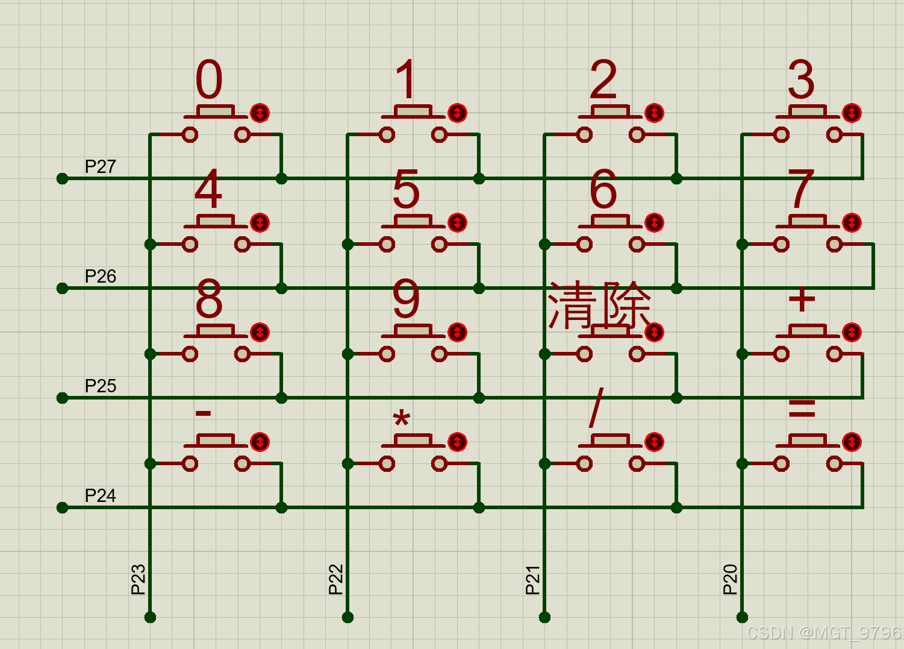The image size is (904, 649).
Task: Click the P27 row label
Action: (101, 166)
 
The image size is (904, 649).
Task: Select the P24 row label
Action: (101, 495)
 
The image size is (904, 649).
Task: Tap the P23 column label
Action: (139, 580)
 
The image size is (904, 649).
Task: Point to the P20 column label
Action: (730, 580)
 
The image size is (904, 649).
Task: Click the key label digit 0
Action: (209, 79)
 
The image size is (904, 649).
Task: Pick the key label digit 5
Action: (406, 189)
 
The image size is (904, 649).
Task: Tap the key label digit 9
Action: (406, 298)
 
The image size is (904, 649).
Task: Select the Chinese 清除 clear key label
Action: (599, 306)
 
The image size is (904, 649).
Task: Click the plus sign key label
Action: (802, 299)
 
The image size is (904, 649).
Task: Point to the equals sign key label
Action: (802, 409)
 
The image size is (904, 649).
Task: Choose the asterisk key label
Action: (402, 417)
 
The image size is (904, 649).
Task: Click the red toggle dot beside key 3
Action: (852, 113)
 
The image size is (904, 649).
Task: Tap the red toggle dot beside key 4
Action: (260, 222)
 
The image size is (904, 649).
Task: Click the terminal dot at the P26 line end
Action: (62, 289)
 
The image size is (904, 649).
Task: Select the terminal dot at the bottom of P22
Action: (348, 617)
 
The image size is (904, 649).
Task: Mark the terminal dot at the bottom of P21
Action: (544, 617)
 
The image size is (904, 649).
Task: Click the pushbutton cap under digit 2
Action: (610, 110)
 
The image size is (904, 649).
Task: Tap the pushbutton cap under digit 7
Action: (808, 220)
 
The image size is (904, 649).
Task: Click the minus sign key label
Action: (203, 413)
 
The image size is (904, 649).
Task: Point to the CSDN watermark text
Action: (823, 633)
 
